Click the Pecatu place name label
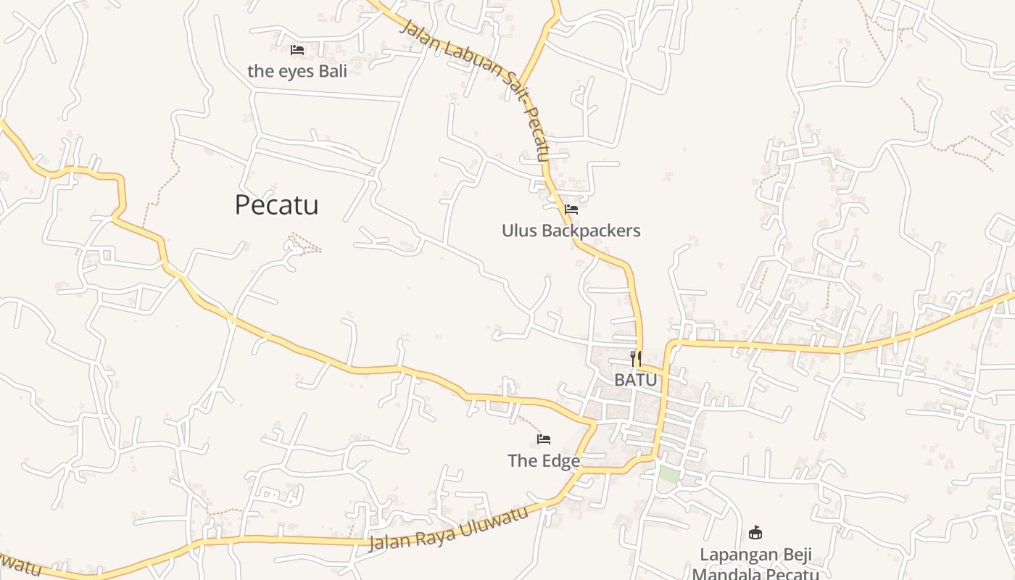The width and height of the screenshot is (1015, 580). click(276, 205)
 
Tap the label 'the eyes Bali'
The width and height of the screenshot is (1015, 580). click(297, 71)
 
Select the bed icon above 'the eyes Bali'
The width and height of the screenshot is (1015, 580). click(297, 50)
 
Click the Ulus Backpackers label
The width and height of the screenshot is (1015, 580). click(571, 231)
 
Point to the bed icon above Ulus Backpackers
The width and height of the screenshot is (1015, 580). click(571, 210)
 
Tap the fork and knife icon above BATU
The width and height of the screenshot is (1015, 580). click(636, 358)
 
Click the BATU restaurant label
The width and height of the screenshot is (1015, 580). click(636, 380)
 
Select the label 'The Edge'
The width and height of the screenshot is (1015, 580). click(544, 460)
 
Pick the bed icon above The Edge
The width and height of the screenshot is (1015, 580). click(544, 439)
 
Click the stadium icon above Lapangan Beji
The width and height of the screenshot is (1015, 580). click(755, 533)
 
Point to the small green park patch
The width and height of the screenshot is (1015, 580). click(668, 476)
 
